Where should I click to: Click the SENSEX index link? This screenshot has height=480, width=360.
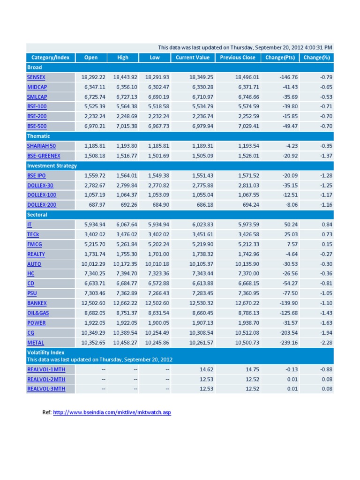(x=36, y=77)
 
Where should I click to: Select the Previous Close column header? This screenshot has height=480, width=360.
(x=238, y=58)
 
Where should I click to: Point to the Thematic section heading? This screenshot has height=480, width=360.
(x=38, y=136)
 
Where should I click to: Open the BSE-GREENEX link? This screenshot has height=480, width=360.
(x=44, y=156)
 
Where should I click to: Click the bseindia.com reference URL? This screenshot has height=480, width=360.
(x=112, y=412)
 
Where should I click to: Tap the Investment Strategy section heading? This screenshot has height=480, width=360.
(x=52, y=165)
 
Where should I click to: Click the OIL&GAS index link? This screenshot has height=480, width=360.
(x=37, y=313)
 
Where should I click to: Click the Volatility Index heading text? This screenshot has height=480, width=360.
(x=45, y=352)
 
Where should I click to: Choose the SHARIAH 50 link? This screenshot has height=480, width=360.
(x=41, y=146)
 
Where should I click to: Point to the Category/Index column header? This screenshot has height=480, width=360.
(x=50, y=58)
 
